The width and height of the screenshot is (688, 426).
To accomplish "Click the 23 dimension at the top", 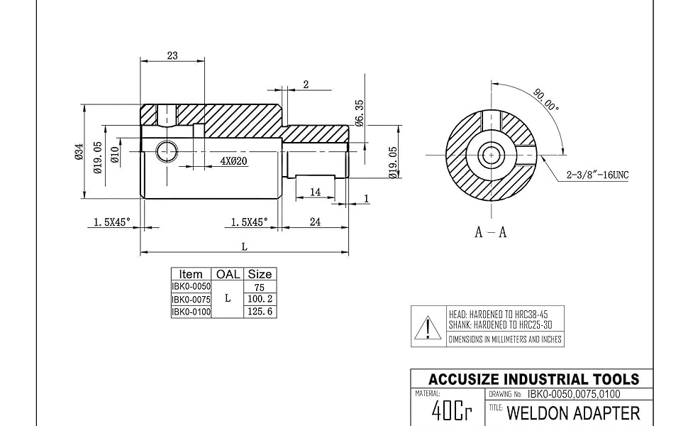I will (172, 56).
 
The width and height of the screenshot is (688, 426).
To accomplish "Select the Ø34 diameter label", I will (79, 153).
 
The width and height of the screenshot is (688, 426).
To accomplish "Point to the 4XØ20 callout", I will (233, 161).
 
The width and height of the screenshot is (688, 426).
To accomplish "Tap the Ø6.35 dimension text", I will (360, 112).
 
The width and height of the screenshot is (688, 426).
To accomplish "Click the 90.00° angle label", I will (547, 100).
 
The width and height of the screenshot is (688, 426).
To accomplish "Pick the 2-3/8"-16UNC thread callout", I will (598, 174).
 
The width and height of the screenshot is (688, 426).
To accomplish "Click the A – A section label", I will (490, 232).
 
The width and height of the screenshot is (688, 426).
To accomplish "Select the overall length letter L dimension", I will (244, 246).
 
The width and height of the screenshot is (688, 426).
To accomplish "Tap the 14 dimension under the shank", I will (315, 192).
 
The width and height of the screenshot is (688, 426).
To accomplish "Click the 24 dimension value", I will (315, 222).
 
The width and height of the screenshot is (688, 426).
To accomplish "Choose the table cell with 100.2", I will (259, 300).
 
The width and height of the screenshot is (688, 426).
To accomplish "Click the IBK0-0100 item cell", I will (192, 312).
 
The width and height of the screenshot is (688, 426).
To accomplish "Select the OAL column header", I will (228, 274).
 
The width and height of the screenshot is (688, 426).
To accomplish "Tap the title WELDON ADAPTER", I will (573, 413).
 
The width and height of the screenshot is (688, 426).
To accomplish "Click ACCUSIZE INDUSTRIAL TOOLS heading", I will (533, 379).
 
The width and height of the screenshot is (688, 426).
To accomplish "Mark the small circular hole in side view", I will (167, 151).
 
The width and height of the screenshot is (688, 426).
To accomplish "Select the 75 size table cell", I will (259, 287).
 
